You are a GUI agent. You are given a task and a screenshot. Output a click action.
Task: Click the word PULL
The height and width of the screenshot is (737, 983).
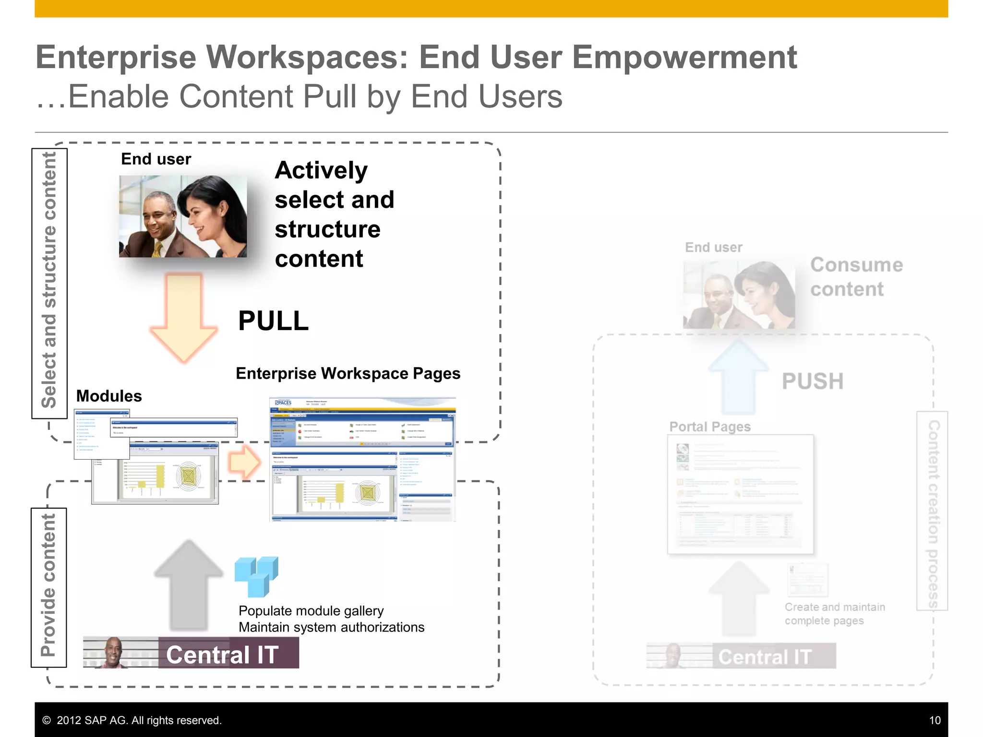tap(273, 321)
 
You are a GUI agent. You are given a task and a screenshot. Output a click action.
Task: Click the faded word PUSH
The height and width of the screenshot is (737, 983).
tap(812, 381)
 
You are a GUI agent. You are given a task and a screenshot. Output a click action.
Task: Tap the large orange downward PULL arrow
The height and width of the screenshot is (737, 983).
tap(184, 317)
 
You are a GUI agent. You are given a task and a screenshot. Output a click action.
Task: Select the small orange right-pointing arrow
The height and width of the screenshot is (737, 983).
tap(244, 463)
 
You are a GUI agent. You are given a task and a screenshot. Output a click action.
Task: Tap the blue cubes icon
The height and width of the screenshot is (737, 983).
tap(256, 576)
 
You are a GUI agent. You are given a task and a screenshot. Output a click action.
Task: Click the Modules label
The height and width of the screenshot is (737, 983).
tap(109, 396)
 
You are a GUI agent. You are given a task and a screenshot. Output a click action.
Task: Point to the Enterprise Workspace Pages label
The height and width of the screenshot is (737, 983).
tap(348, 373)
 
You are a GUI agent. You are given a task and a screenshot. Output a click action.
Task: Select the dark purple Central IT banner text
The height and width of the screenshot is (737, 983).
tap(222, 654)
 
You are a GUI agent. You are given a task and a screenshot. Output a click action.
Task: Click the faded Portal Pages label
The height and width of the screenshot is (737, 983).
tap(710, 427)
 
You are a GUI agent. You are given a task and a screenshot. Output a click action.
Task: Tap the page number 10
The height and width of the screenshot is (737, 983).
tap(935, 720)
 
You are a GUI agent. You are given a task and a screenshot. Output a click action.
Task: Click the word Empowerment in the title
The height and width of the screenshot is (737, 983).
tap(684, 57)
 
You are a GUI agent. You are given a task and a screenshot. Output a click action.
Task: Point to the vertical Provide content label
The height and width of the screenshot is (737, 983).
tap(48, 585)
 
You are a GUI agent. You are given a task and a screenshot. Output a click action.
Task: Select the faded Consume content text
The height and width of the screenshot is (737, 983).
tap(856, 277)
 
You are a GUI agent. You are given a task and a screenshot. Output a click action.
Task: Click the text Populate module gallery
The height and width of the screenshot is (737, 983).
tap(311, 611)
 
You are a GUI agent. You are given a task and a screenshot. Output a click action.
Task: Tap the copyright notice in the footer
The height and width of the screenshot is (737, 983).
tap(132, 720)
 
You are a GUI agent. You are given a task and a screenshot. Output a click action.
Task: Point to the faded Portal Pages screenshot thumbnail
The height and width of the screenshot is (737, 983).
tap(740, 494)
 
